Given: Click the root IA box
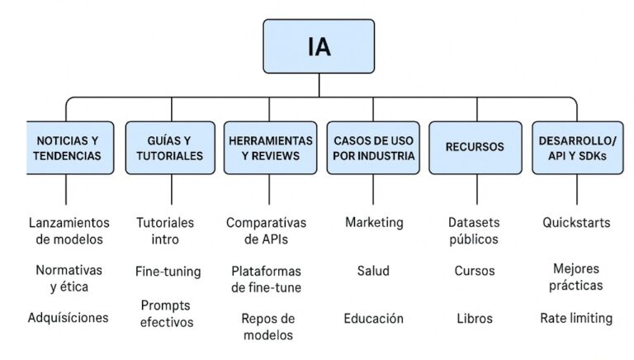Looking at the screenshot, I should point(319,46).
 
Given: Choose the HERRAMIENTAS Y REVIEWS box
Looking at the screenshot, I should point(270,148).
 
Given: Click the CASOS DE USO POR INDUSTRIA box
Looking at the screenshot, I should point(373,148).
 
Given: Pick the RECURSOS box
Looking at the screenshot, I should point(475,148).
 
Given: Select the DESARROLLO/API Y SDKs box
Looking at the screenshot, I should point(576,148).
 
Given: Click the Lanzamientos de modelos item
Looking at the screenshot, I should point(69,231).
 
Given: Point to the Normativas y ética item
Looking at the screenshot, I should point(68,278).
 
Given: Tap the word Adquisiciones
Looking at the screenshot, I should point(68,317).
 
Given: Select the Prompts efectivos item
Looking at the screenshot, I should point(166,314).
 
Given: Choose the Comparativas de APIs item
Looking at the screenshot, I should point(266,231).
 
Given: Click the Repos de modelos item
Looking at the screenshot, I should point(267,326).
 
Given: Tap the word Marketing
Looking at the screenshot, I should point(374,222).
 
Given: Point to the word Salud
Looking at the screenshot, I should point(373,271).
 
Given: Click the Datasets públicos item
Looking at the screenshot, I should point(474,231).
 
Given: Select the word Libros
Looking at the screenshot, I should point(474,318).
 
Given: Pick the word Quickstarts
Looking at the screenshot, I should point(576,222).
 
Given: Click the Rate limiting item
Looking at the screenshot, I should point(576,318).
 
